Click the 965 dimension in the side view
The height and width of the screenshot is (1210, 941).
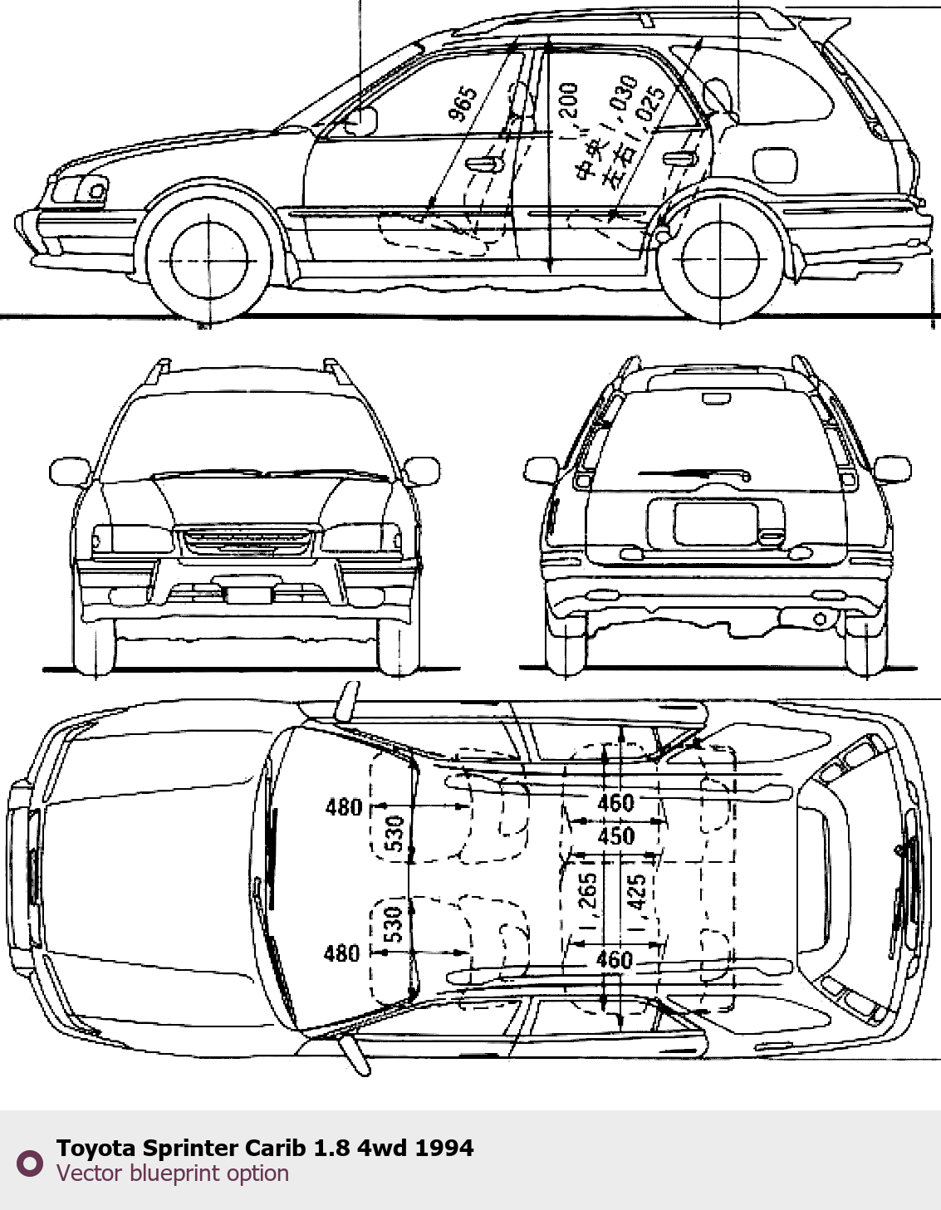tap(463, 104)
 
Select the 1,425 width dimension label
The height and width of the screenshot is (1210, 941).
tap(637, 901)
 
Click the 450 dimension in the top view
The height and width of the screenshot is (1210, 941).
tap(615, 836)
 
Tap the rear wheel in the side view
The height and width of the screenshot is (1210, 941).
tap(720, 260)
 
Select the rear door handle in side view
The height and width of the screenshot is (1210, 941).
tap(680, 158)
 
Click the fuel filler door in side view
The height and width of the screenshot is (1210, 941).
tap(774, 165)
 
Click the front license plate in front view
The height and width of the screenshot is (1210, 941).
tap(249, 594)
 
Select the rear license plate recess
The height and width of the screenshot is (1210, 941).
tap(715, 523)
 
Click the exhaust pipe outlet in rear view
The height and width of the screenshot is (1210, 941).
tap(820, 619)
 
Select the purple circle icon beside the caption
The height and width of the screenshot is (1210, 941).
tap(30, 1163)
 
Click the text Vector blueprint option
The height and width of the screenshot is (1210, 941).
tap(173, 1173)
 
